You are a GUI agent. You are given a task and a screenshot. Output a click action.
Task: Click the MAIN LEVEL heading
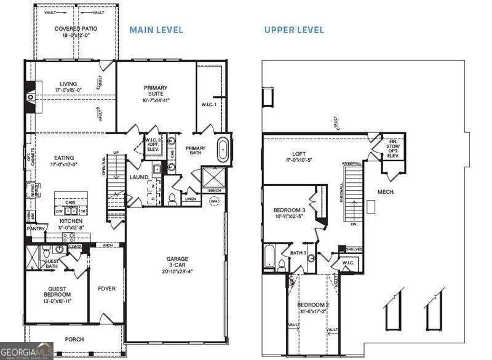click(x=156, y=30)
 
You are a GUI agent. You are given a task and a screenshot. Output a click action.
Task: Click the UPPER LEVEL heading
click(x=294, y=30)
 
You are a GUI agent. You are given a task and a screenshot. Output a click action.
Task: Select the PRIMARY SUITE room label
click(x=156, y=91)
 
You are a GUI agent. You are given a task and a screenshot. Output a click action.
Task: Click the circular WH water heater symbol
click(x=214, y=201)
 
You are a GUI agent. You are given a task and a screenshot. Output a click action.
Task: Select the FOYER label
click(x=107, y=288)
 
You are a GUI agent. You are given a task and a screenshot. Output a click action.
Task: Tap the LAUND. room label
click(x=139, y=177)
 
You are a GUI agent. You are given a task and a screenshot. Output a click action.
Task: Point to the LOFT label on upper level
click(x=299, y=154)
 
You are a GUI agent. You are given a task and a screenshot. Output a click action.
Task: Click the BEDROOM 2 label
click(x=313, y=306)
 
